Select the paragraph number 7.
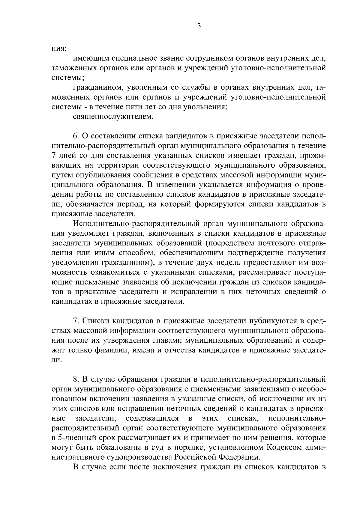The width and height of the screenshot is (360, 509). (76, 321)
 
